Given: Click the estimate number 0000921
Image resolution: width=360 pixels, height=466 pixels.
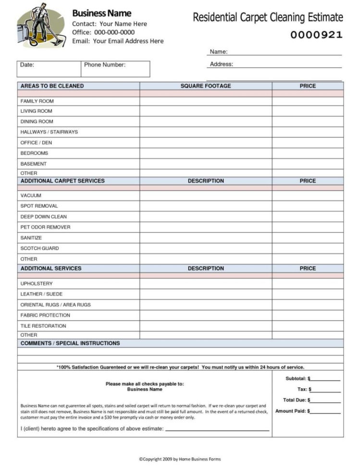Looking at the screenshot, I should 317,35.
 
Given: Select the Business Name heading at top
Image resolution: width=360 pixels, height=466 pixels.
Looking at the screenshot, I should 101,13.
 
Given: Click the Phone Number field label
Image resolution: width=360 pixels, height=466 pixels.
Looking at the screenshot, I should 105,65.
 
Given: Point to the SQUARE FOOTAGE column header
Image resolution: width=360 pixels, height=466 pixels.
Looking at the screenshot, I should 205,86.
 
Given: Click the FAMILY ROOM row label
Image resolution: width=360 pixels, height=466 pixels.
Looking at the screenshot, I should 37,101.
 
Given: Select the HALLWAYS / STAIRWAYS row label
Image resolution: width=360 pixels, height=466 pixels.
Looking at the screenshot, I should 49,132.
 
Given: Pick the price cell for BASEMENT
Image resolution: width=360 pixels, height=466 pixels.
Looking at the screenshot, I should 308,164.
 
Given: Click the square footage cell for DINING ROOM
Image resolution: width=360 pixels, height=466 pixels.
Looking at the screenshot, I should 206,122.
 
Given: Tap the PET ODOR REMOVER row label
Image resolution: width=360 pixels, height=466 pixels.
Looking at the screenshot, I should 45,227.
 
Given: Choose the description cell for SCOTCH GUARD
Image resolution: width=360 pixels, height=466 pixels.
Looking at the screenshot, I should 206,248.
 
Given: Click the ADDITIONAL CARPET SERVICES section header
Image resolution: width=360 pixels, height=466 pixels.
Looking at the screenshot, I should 62,181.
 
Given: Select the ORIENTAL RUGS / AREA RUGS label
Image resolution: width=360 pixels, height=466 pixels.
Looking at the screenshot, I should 55,305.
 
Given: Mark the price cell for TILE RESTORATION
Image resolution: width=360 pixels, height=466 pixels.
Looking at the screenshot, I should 308,326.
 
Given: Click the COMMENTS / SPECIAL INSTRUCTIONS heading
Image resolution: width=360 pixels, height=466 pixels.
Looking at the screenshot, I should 70,343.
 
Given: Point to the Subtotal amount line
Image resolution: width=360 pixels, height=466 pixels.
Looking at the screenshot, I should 325,379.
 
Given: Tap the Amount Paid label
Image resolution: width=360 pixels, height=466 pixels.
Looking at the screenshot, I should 291,411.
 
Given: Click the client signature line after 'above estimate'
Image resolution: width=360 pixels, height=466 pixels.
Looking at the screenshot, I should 217,429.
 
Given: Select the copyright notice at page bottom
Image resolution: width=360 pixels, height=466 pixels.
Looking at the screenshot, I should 180,459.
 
